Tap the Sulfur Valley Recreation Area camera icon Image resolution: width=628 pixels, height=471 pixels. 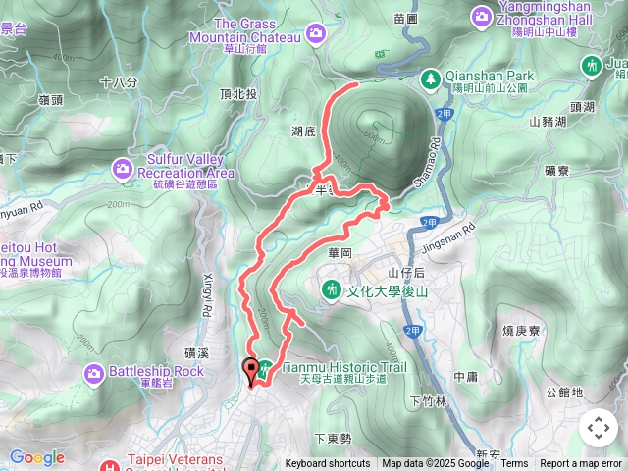pos(122,167)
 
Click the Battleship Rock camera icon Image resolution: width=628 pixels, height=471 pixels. pos(94,372)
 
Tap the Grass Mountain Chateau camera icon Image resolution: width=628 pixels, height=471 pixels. pos(316,34)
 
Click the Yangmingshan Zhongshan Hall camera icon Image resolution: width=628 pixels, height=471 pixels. pos(482,16)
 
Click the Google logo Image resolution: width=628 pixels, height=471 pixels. pos(37,457)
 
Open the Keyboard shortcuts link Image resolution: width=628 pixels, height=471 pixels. pos(328,464)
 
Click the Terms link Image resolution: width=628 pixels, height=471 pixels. pos(514,464)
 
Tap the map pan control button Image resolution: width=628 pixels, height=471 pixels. pos(598,428)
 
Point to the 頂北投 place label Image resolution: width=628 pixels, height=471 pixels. pos(238,94)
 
